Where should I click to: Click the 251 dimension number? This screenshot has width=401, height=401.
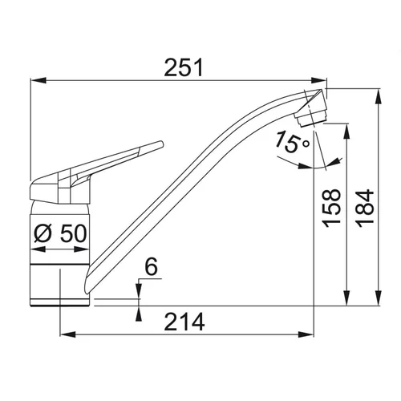coord(184,67)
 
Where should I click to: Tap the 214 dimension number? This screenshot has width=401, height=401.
coord(184,322)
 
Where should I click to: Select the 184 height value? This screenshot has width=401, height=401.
coord(366,209)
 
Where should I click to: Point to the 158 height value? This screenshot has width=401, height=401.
coord(332,209)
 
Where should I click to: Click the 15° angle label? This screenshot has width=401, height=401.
coord(292,142)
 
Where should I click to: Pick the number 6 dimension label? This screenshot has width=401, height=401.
coord(152,266)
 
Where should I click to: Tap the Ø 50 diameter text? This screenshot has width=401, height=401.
coord(60,233)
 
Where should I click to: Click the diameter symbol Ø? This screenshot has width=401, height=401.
coord(43,233)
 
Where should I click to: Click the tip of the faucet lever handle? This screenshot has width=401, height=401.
coord(161,144)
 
